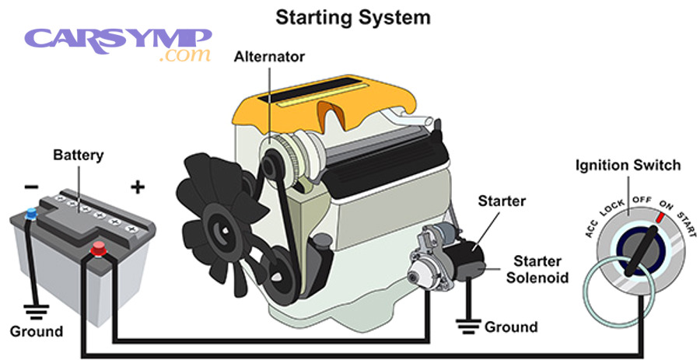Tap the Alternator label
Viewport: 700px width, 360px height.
(269, 57)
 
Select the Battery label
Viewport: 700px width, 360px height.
(78, 155)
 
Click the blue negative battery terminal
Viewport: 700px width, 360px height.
(31, 213)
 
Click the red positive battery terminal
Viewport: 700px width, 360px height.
(99, 249)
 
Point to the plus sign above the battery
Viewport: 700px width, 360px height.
(138, 187)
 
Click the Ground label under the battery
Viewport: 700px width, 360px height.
(37, 331)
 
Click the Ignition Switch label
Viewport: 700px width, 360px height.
(628, 165)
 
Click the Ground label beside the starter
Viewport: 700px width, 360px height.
(510, 327)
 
